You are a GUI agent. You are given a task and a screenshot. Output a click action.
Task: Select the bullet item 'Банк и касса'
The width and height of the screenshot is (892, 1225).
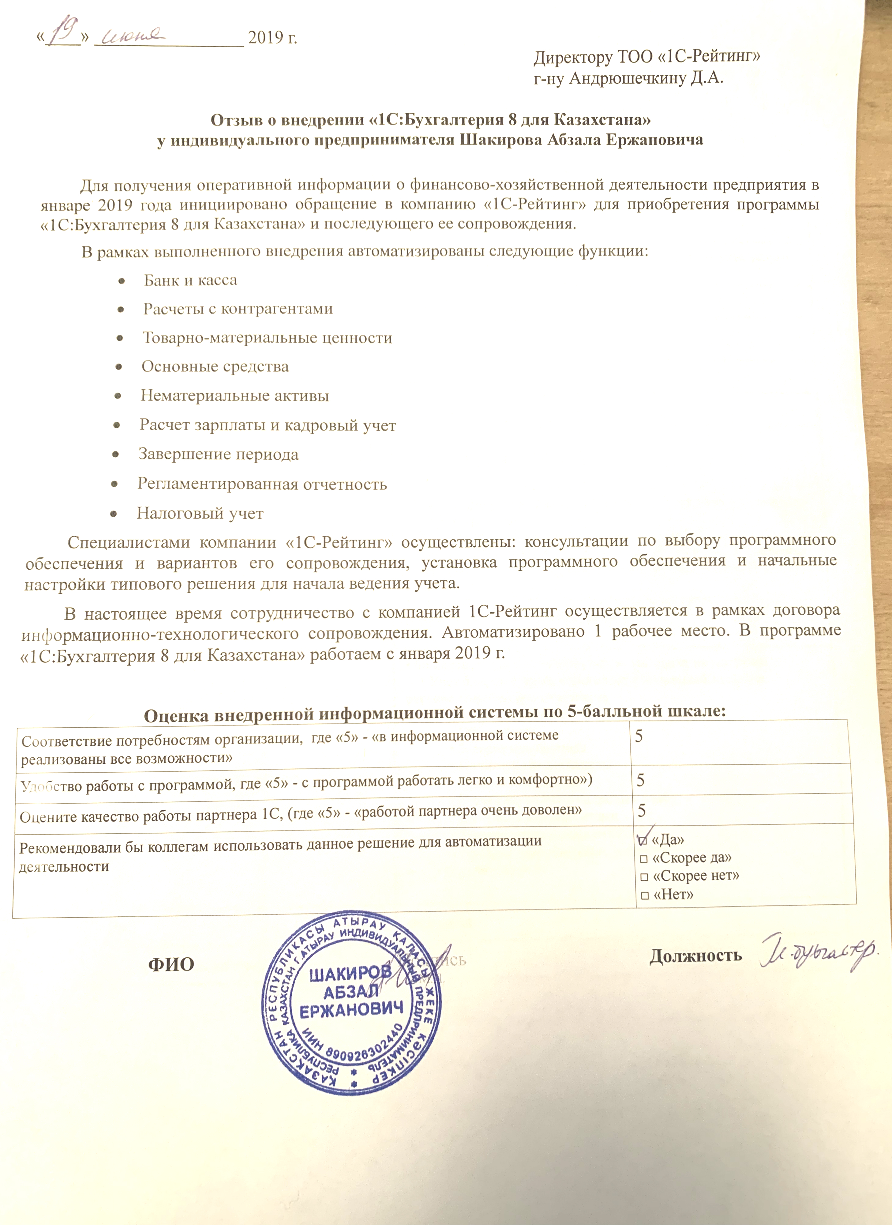point(190,280)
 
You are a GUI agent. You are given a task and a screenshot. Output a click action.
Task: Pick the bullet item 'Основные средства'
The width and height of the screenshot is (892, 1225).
point(215,367)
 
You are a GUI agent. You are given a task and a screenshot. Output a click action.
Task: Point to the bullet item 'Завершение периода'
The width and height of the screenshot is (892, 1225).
point(218,454)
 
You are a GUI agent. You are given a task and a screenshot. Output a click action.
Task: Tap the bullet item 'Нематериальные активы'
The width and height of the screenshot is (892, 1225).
point(235,396)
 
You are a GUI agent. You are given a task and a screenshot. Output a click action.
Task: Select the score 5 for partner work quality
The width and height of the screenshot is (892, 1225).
point(642,810)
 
